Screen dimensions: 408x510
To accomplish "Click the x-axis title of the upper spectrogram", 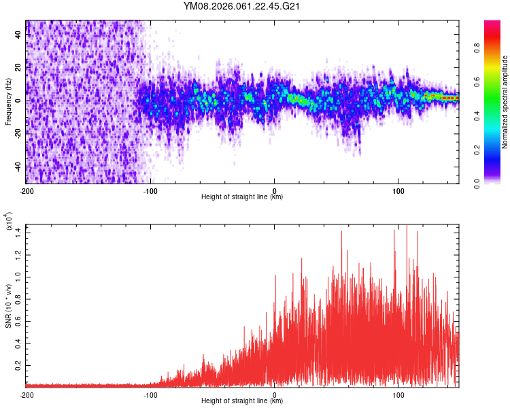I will [x=242, y=197].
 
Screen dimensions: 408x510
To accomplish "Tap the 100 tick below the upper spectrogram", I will [x=398, y=190].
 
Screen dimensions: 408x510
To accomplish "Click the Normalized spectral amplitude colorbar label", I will [x=505, y=102].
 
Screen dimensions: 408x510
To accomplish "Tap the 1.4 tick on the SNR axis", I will [x=18, y=233].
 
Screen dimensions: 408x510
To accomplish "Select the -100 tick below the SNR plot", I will [x=150, y=394].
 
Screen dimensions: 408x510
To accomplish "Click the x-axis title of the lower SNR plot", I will [x=242, y=401].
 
